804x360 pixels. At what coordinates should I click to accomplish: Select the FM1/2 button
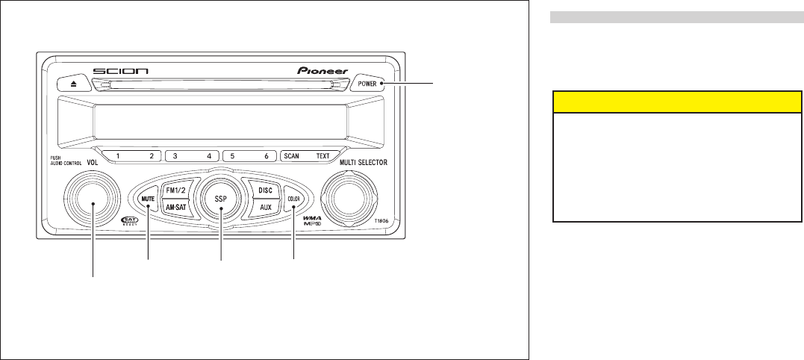176,190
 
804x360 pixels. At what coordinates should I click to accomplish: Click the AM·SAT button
176,210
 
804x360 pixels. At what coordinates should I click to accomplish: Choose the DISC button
265,190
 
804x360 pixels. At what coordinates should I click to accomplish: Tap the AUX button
265,210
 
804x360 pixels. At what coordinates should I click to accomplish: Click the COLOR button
293,199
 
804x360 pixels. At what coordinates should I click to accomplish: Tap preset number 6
267,157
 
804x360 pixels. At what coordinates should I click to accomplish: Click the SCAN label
291,157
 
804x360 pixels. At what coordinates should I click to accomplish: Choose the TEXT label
322,157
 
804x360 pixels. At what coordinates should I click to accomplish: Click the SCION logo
121,72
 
